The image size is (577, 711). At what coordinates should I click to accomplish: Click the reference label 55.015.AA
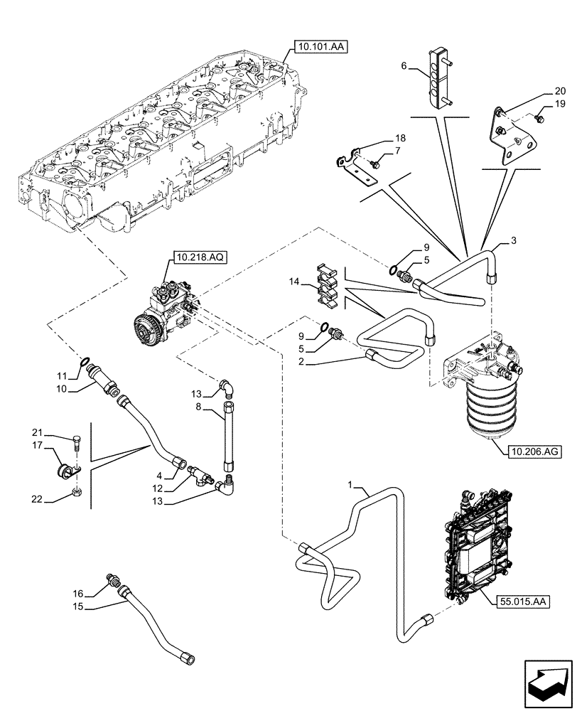520,602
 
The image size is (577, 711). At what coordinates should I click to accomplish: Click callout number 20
560,91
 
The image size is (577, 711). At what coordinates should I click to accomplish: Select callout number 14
295,282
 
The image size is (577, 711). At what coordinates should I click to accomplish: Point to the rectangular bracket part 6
440,75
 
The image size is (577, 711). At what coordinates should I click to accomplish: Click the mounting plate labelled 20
510,139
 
